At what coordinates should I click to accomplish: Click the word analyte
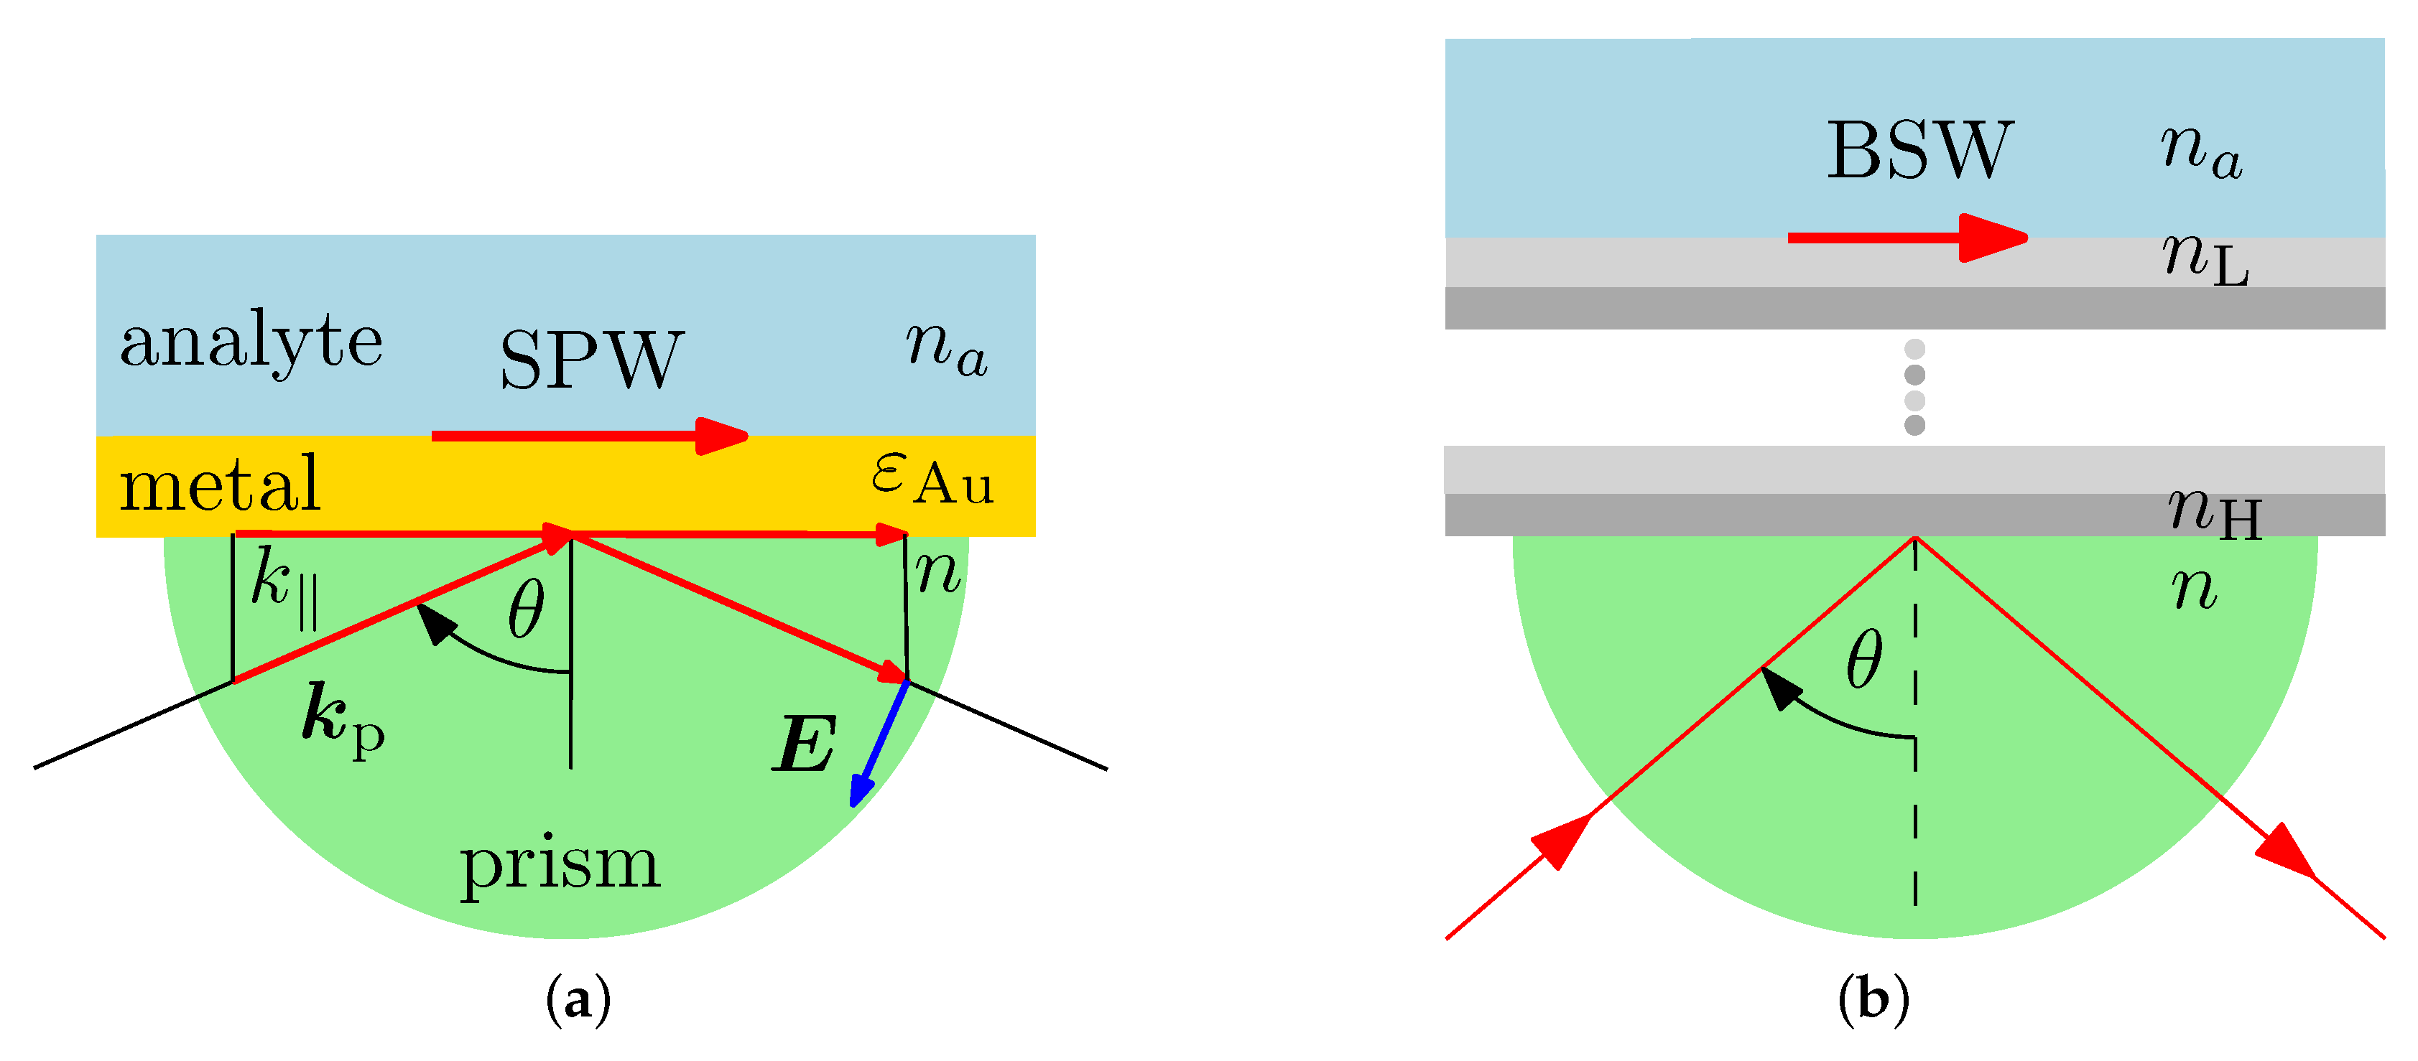click(251, 342)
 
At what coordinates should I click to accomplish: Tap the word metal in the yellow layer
click(221, 484)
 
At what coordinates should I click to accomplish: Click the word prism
click(560, 864)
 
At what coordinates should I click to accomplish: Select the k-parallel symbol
click(284, 586)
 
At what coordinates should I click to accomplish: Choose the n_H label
click(2215, 513)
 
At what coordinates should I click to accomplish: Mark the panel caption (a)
click(578, 1000)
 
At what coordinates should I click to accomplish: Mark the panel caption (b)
click(1873, 1000)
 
